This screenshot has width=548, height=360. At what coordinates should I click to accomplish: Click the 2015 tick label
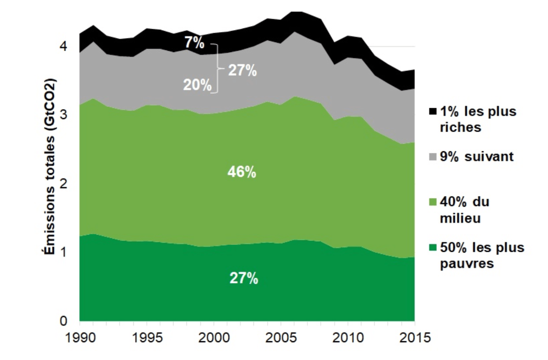[415, 339]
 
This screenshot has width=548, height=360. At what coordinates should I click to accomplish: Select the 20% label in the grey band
[197, 85]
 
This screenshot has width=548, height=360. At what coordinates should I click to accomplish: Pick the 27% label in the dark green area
[243, 278]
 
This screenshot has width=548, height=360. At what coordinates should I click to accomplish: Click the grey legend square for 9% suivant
[432, 157]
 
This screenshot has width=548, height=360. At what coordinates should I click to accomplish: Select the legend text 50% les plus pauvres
[482, 256]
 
